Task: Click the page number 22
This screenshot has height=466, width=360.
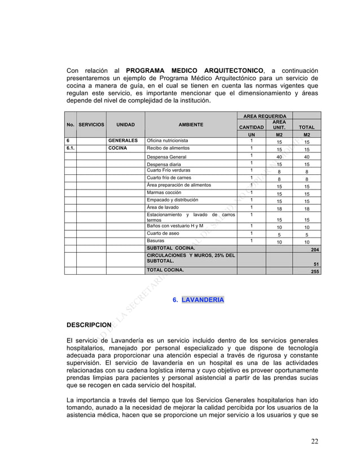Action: (x=314, y=441)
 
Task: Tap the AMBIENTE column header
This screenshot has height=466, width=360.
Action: (x=191, y=124)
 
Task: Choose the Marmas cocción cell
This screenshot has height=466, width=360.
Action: (x=164, y=192)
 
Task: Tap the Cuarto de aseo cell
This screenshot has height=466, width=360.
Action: (x=163, y=234)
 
